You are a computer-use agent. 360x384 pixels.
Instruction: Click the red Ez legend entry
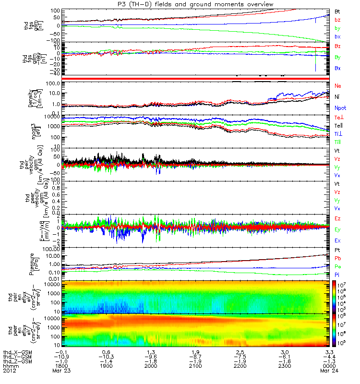338,218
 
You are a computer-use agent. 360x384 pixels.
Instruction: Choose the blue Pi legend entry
337,275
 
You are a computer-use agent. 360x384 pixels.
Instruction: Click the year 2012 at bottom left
10,371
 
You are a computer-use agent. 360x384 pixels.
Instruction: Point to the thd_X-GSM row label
17,352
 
